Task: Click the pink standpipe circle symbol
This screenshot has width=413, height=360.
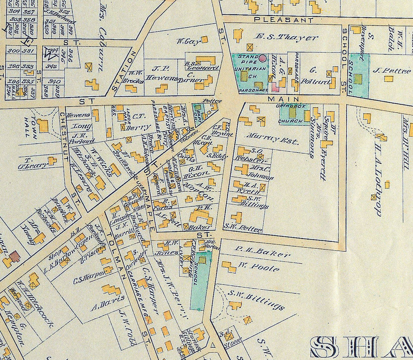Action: (262, 58)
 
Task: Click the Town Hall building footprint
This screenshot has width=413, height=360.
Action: (43, 126)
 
